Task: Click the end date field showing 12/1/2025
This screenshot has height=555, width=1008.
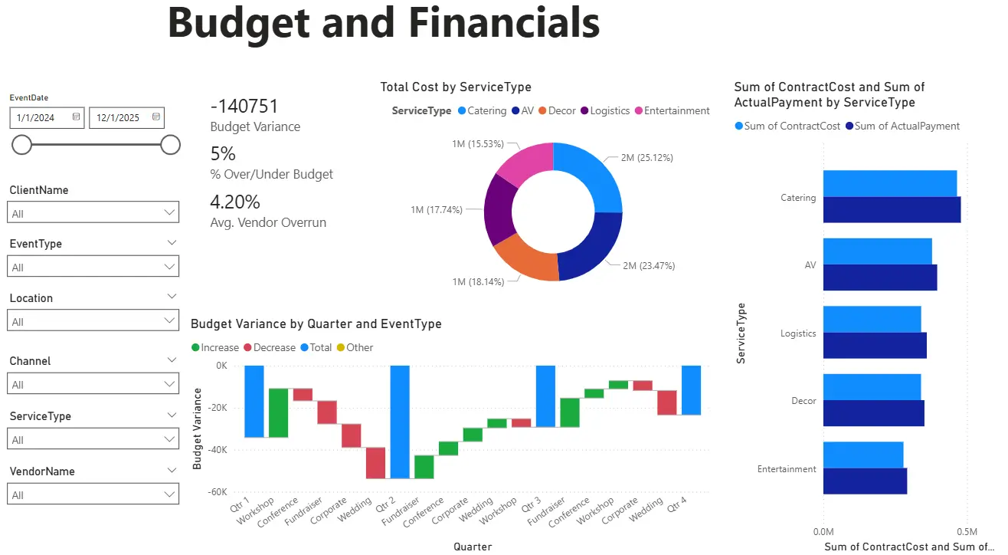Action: click(x=119, y=117)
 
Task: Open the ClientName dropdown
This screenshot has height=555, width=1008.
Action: click(x=93, y=212)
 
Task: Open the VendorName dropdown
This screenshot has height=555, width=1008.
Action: click(x=93, y=494)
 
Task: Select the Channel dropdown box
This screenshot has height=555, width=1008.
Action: click(x=93, y=384)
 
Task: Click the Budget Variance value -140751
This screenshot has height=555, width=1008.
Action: click(x=244, y=107)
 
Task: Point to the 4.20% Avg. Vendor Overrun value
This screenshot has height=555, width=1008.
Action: click(x=235, y=202)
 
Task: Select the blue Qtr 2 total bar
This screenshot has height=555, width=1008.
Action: click(x=400, y=422)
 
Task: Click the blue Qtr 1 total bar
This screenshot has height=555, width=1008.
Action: click(x=254, y=401)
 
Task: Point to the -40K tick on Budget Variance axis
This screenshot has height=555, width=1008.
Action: click(x=216, y=450)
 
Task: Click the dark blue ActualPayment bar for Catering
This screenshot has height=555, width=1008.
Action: click(x=891, y=210)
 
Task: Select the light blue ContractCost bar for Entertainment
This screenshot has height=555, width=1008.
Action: click(x=862, y=455)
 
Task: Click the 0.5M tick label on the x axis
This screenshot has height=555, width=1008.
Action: click(x=967, y=531)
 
